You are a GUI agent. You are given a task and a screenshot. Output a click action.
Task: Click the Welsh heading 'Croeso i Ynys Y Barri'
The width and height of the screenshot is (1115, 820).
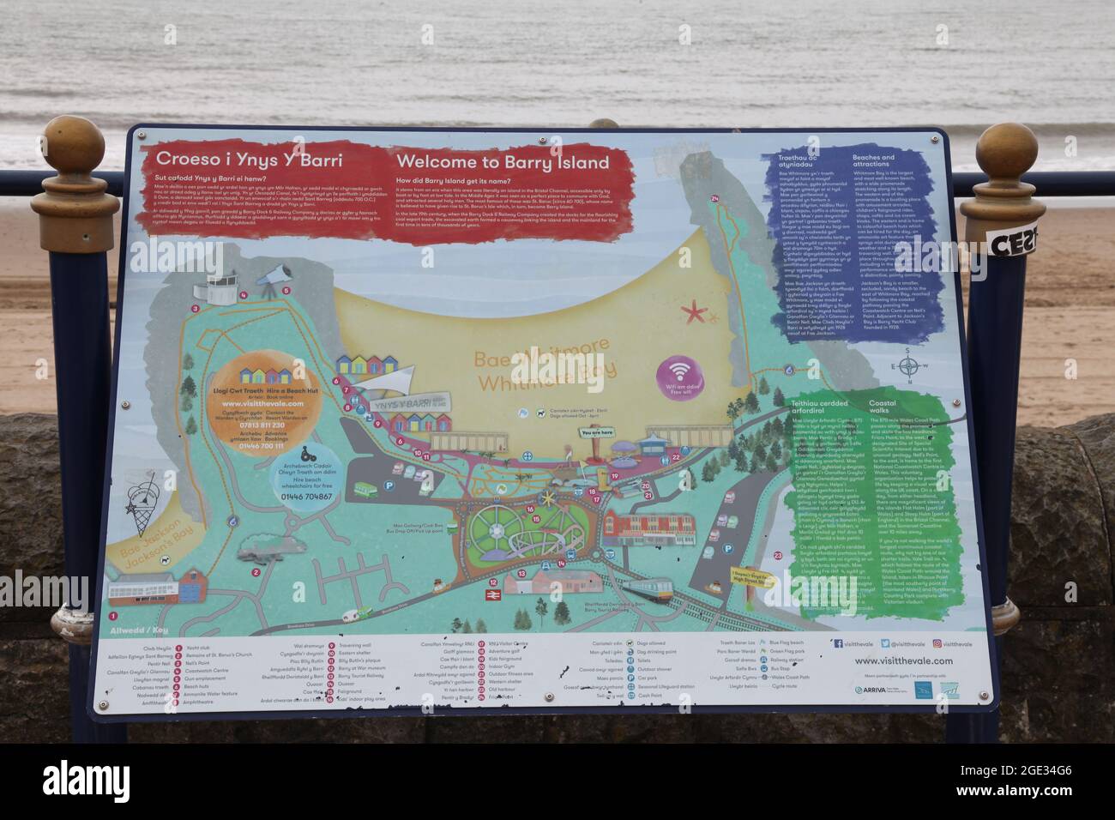249,160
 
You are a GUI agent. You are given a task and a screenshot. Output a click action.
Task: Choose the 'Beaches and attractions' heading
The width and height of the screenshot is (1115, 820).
873,161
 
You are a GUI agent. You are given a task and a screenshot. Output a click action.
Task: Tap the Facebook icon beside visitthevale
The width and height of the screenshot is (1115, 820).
836,642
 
